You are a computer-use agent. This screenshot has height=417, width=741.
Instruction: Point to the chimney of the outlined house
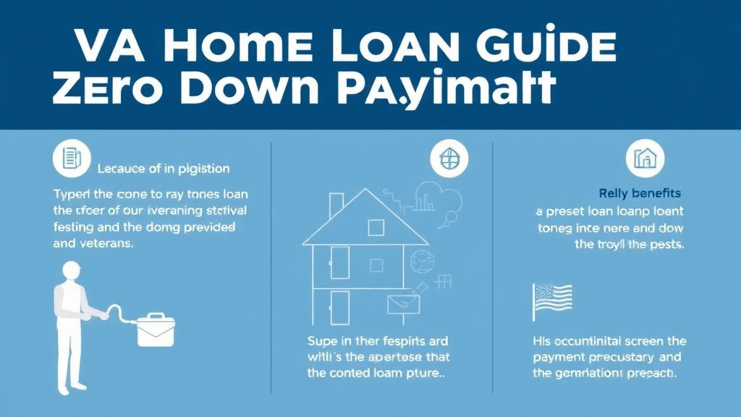[336, 206]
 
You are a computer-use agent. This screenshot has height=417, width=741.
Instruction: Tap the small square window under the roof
[376, 228]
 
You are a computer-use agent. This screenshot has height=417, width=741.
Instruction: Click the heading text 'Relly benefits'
[640, 193]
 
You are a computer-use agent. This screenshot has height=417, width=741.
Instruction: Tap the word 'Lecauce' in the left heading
[121, 169]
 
